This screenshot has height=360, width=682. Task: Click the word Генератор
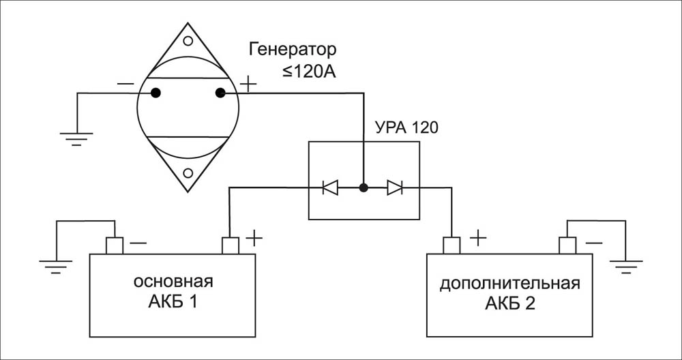(x=293, y=50)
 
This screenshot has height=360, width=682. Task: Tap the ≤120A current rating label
(x=310, y=71)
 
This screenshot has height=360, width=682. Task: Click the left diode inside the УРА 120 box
(x=330, y=187)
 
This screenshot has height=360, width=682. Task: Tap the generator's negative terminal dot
(x=155, y=93)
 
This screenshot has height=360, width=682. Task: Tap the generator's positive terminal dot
(x=220, y=93)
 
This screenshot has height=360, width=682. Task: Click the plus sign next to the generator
(x=248, y=85)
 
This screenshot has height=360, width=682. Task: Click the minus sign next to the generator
(x=125, y=84)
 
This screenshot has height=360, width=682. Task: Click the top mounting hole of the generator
(x=188, y=40)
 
